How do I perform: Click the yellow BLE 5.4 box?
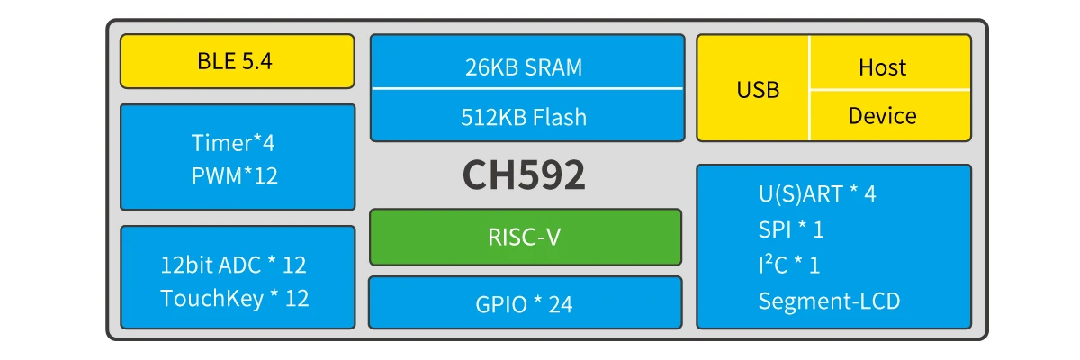pos(237,62)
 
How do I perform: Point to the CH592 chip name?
pos(524,175)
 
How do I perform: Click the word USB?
pos(758,90)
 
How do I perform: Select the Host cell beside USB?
pos(882,67)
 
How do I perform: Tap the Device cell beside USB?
pos(882,116)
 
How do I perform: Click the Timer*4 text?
pos(233,143)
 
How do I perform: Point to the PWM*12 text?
pos(235,175)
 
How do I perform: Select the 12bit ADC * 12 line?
pos(234,265)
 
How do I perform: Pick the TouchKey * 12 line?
pos(234,299)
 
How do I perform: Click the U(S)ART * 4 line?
pos(817,194)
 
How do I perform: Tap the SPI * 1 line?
pos(791,229)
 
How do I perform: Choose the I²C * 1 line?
pos(789,265)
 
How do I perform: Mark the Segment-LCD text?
pos(829,301)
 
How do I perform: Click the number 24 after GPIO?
pos(560,304)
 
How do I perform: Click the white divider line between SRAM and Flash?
pos(526,88)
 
